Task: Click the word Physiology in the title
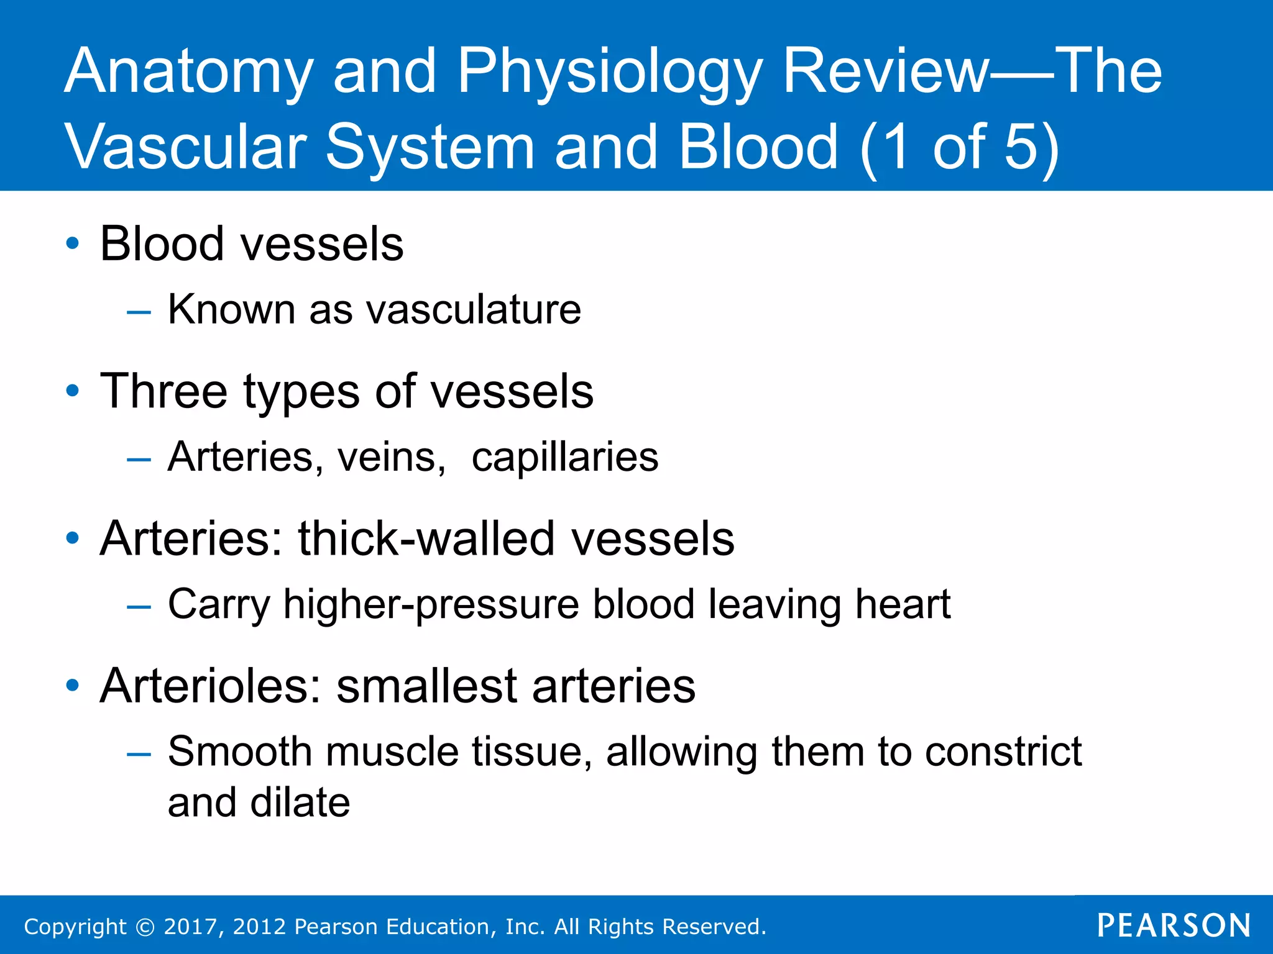[x=609, y=73]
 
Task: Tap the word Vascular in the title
[x=186, y=147]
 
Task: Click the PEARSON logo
[x=1174, y=925]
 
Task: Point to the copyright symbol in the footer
[x=145, y=927]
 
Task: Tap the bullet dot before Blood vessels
[x=73, y=243]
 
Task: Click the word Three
[x=164, y=391]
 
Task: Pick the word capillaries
[x=564, y=457]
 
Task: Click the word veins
[x=390, y=457]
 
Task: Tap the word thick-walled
[x=426, y=538]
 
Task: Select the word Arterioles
[x=210, y=686]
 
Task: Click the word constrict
[x=1003, y=752]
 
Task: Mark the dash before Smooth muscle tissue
[x=139, y=754]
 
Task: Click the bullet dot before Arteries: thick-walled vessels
[x=73, y=538]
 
